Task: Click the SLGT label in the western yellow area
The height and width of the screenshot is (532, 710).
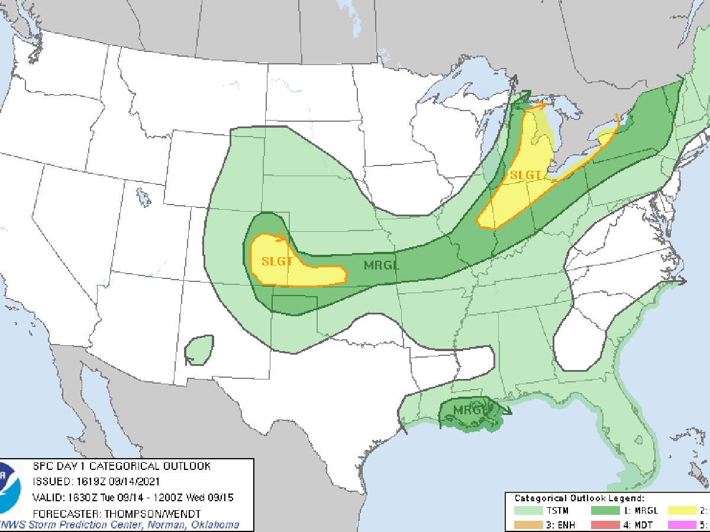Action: pos(277,261)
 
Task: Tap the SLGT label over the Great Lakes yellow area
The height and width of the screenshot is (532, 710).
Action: pos(525,176)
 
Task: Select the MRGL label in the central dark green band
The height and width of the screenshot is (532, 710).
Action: pos(382,265)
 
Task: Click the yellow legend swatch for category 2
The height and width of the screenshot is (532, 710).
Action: pos(686,510)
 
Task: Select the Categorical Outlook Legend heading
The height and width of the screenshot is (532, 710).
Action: pos(579,498)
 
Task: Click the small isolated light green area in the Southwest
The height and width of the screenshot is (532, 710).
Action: pos(199,349)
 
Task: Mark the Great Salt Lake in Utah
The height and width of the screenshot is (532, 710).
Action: pos(142,194)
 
